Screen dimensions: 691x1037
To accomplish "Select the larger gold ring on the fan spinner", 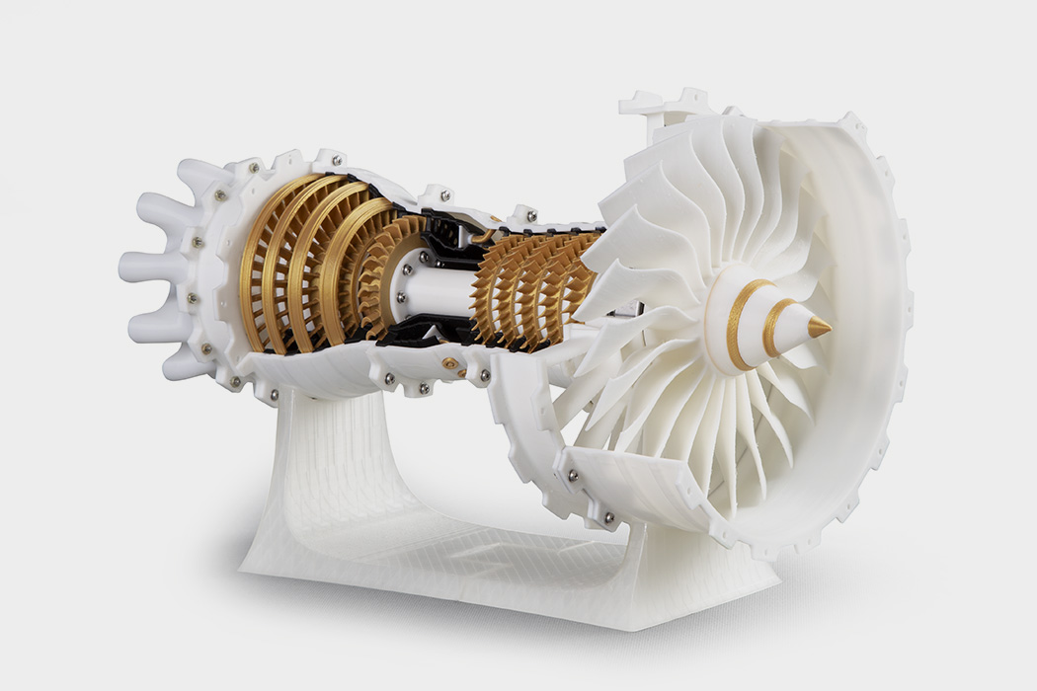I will pyautogui.click(x=736, y=326).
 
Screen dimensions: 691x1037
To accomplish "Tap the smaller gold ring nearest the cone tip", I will pyautogui.click(x=774, y=327).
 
